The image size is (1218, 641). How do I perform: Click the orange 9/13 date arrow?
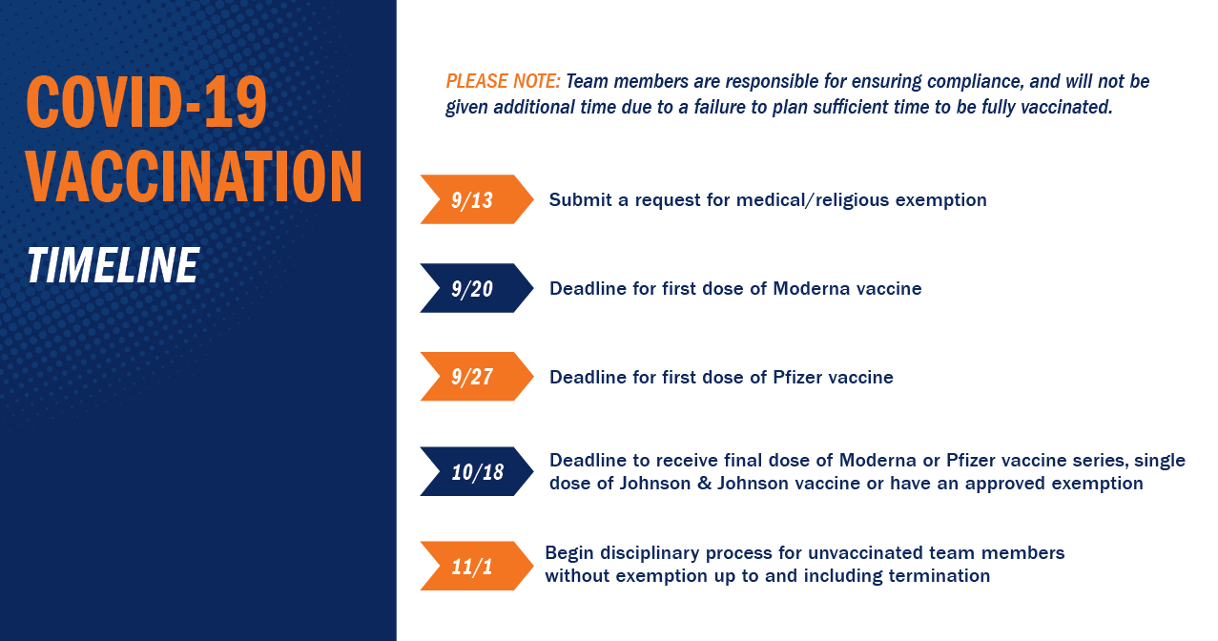point(477,199)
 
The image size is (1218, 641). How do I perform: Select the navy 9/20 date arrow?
point(477,288)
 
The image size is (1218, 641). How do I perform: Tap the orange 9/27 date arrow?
point(477,376)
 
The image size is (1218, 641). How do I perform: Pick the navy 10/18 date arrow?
point(477,471)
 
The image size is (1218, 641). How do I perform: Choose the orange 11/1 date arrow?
point(477,566)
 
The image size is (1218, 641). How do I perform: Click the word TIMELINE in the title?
point(114,265)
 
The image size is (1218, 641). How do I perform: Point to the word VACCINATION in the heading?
point(195,176)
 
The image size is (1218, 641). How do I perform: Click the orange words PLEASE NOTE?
point(503,81)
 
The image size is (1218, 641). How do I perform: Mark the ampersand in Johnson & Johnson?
point(704,484)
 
